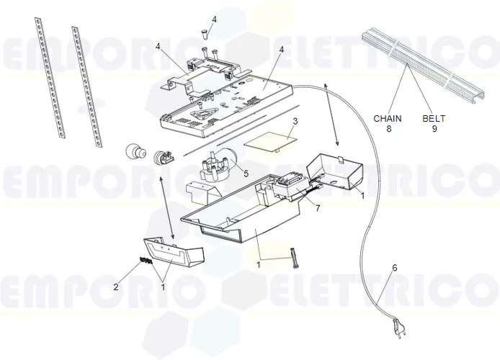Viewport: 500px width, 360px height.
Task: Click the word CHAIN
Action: coord(388,118)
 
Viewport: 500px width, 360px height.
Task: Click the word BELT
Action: coord(434,118)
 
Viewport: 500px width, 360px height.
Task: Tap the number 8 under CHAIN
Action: coord(388,130)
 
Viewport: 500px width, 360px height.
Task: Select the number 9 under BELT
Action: coord(434,130)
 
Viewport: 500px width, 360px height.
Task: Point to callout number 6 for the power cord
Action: coord(394,268)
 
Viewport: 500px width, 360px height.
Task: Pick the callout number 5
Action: coord(246,174)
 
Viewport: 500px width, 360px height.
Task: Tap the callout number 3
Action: coord(295,121)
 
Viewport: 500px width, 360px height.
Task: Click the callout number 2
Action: coord(116,287)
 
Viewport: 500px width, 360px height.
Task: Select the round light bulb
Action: coord(131,152)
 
